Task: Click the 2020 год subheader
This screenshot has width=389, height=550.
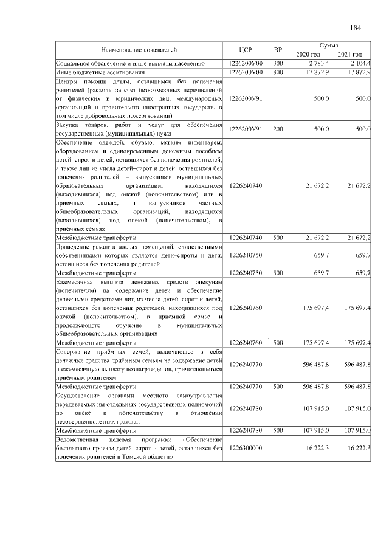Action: [x=308, y=55]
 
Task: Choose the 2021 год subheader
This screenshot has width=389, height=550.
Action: [x=350, y=55]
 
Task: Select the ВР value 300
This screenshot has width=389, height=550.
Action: [x=278, y=63]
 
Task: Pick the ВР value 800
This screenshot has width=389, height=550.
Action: [x=278, y=72]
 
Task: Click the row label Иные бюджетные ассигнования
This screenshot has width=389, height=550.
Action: [x=97, y=72]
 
